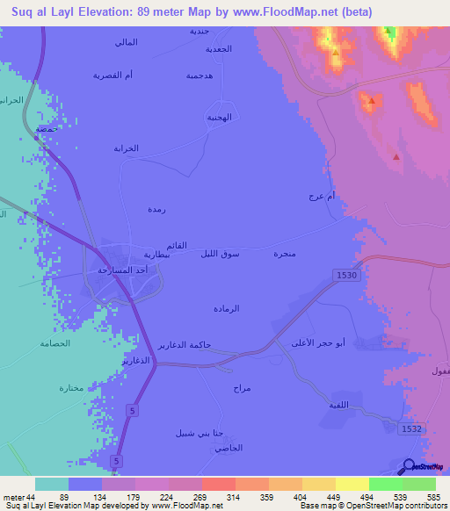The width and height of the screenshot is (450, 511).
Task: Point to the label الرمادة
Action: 227,308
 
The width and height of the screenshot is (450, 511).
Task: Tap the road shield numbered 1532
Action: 411,427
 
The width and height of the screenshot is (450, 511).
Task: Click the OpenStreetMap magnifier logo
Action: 407,466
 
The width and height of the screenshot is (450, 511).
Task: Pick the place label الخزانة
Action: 127,148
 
